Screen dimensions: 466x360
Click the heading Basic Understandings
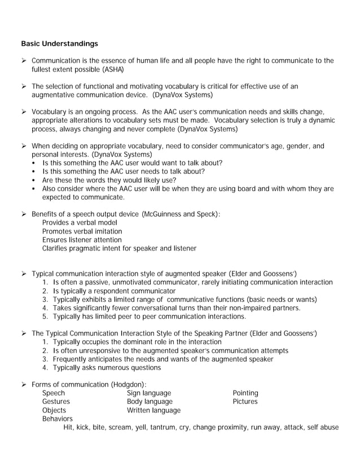point(59,43)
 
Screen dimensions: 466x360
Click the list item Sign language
point(149,393)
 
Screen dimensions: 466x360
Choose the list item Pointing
point(245,393)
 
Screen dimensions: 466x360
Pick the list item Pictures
point(245,402)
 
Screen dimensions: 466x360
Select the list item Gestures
point(56,402)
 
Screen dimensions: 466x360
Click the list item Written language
point(153,410)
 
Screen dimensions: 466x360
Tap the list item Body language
point(150,402)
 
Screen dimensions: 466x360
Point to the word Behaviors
point(58,419)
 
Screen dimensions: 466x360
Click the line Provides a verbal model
point(80,223)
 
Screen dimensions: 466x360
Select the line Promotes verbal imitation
point(82,231)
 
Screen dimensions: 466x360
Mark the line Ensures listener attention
point(82,240)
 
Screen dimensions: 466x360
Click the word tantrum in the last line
point(164,427)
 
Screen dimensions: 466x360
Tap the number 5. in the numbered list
point(46,316)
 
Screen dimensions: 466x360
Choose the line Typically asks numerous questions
point(107,368)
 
